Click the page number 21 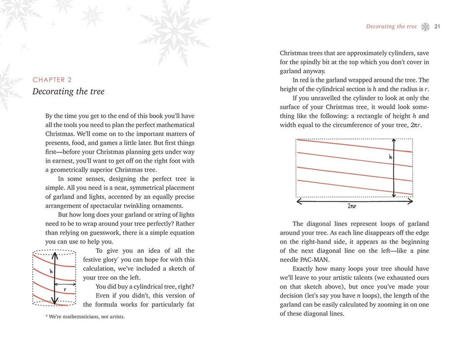pyautogui.click(x=437, y=26)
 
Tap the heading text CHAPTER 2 pyautogui.click(x=56, y=80)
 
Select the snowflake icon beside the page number pyautogui.click(x=426, y=26)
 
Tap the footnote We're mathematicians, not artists pyautogui.click(x=85, y=317)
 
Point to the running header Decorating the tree pyautogui.click(x=391, y=26)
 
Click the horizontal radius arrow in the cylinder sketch pyautogui.click(x=67, y=283)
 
